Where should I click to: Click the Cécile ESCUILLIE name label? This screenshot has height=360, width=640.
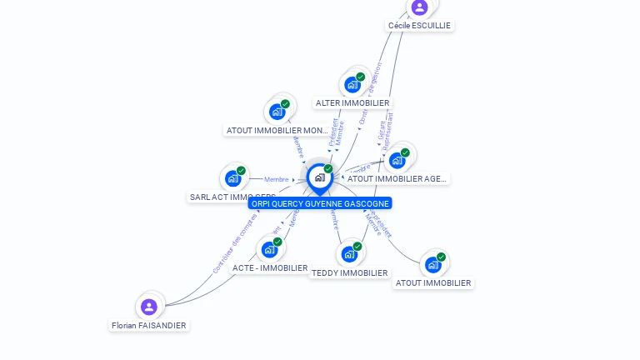(x=419, y=26)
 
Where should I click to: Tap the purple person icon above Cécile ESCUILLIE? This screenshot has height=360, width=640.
(x=419, y=7)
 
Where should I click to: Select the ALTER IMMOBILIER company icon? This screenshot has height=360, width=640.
(x=352, y=84)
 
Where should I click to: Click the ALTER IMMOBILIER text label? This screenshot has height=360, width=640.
(x=352, y=103)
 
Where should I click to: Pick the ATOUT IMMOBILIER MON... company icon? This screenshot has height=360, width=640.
(x=277, y=112)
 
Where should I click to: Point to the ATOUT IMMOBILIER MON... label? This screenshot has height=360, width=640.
(x=278, y=131)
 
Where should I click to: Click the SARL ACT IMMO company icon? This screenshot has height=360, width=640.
(x=233, y=178)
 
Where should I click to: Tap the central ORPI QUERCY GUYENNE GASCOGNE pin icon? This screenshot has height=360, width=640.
(x=319, y=177)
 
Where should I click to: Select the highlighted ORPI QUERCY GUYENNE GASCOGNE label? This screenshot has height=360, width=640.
(x=320, y=203)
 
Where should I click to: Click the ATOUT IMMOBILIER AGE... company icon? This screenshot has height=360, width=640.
(x=397, y=160)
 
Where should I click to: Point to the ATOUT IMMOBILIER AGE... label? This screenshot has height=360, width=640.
(x=397, y=178)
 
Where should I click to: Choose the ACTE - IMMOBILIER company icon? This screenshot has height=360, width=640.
(x=269, y=249)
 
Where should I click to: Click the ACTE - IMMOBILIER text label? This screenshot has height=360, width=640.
(x=270, y=268)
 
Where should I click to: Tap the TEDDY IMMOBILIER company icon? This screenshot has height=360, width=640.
(x=349, y=254)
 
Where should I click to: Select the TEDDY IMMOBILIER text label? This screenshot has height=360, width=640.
(x=349, y=273)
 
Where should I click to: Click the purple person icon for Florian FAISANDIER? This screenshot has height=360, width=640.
(x=149, y=307)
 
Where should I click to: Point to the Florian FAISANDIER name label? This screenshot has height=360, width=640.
(x=149, y=326)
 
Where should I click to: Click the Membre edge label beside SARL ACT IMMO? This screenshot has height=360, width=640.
(x=276, y=179)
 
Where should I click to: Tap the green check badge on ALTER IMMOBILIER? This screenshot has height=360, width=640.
(x=361, y=77)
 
